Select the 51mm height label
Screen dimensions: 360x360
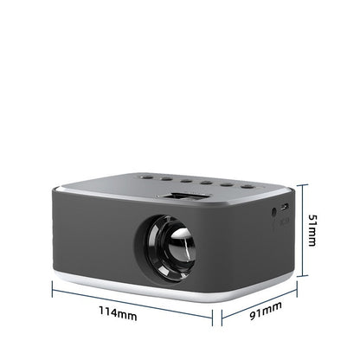(x=313, y=231)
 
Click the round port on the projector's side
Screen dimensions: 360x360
(x=274, y=210)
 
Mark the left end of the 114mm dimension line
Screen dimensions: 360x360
(x=52, y=289)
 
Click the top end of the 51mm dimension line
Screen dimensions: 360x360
(x=299, y=183)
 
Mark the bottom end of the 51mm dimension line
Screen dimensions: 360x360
(x=299, y=277)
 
